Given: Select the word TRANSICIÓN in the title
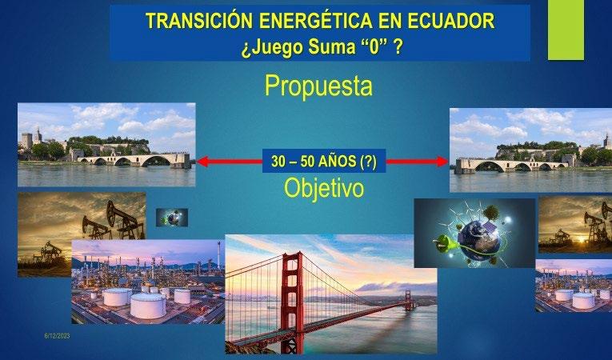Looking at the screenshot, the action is [x=199, y=20].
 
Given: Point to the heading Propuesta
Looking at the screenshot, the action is [x=318, y=86].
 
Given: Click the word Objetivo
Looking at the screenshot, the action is [x=324, y=188].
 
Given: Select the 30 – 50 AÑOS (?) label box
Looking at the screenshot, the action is [x=324, y=161].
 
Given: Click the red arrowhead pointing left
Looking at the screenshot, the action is [x=202, y=162].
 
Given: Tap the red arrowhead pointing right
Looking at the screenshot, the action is [x=442, y=162].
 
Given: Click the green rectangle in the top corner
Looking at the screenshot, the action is [x=566, y=30].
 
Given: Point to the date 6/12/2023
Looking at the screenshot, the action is [x=57, y=336].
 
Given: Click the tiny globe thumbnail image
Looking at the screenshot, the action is [x=172, y=218].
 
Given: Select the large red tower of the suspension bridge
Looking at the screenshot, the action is [x=292, y=301].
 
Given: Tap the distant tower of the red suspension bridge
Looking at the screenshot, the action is [x=409, y=300].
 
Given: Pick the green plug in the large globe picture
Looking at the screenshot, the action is [x=444, y=241].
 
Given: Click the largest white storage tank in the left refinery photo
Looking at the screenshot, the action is [x=148, y=306].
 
